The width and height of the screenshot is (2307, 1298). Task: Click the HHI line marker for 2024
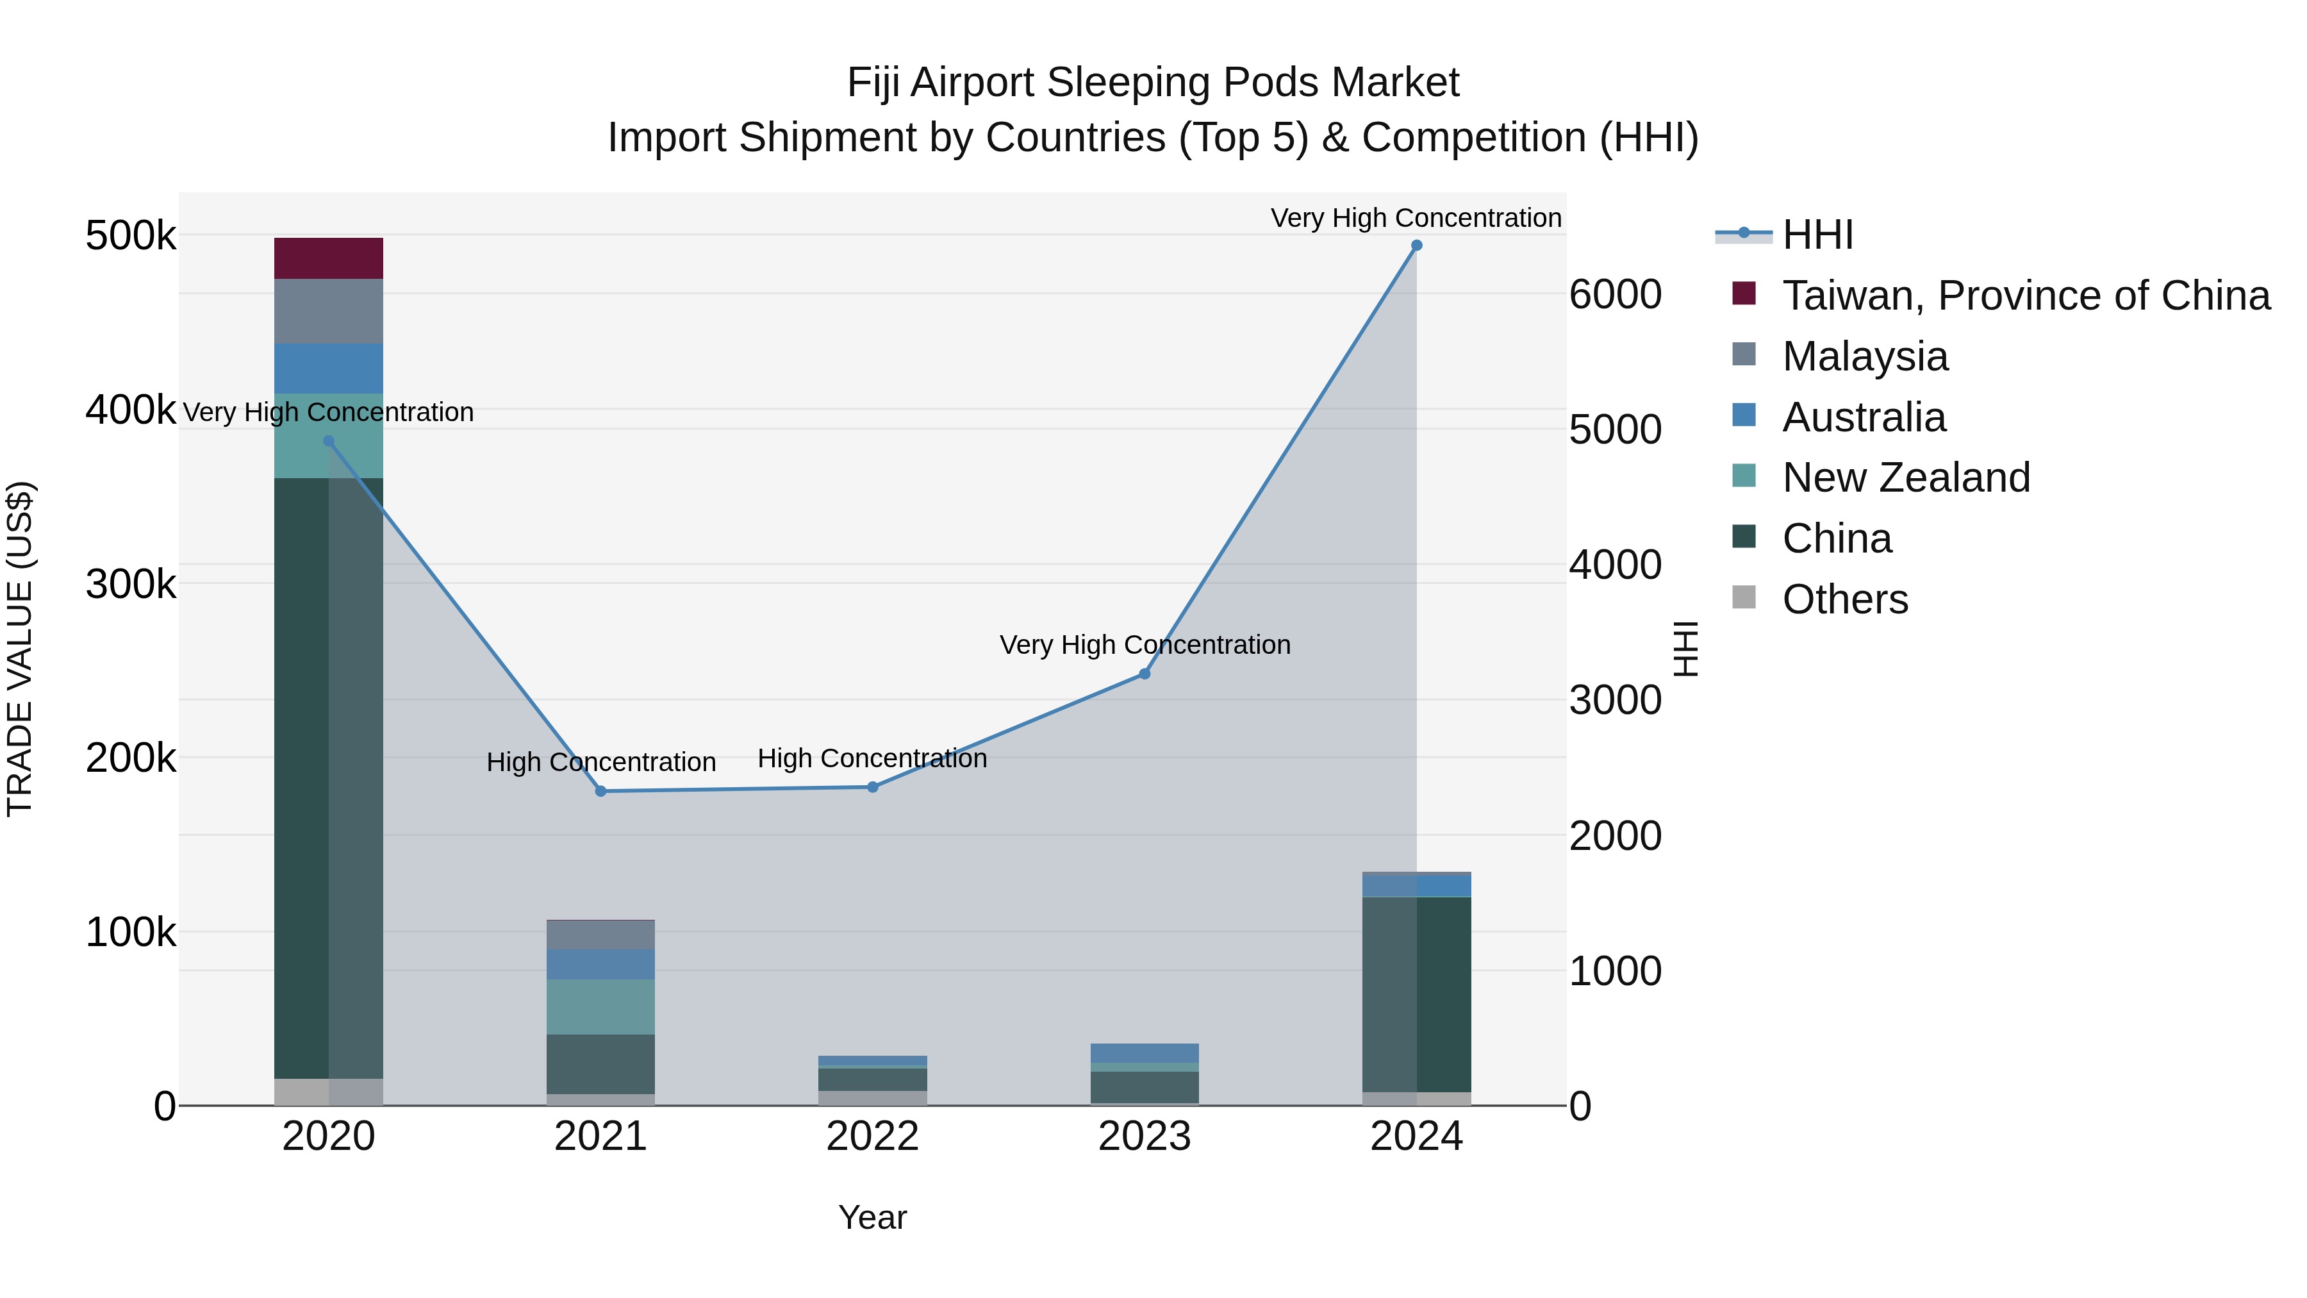pyautogui.click(x=1416, y=245)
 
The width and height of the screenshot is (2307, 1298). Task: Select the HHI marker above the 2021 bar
pyautogui.click(x=601, y=791)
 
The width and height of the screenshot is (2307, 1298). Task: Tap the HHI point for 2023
pyautogui.click(x=1144, y=674)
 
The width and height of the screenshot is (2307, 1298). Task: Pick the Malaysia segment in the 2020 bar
pyautogui.click(x=329, y=311)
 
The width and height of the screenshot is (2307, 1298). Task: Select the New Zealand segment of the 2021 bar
pyautogui.click(x=601, y=1007)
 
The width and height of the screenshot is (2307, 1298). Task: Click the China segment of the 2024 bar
pyautogui.click(x=1416, y=994)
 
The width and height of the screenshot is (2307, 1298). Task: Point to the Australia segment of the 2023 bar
pyautogui.click(x=1144, y=1053)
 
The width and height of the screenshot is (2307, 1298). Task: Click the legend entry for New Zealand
pyautogui.click(x=1905, y=478)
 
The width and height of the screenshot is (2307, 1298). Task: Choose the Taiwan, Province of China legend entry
pyautogui.click(x=2025, y=295)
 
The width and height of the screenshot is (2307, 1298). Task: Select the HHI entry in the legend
pyautogui.click(x=1817, y=235)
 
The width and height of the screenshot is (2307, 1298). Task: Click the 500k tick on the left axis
pyautogui.click(x=131, y=237)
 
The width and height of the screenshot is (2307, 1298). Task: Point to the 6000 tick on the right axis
pyautogui.click(x=1615, y=295)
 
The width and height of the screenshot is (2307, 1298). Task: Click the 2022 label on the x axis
pyautogui.click(x=872, y=1136)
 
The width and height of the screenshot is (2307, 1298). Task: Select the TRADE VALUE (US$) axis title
pyautogui.click(x=20, y=649)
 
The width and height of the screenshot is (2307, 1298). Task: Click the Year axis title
pyautogui.click(x=872, y=1217)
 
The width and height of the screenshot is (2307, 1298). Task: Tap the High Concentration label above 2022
pyautogui.click(x=872, y=759)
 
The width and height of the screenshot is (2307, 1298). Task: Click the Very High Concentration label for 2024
pyautogui.click(x=1416, y=218)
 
